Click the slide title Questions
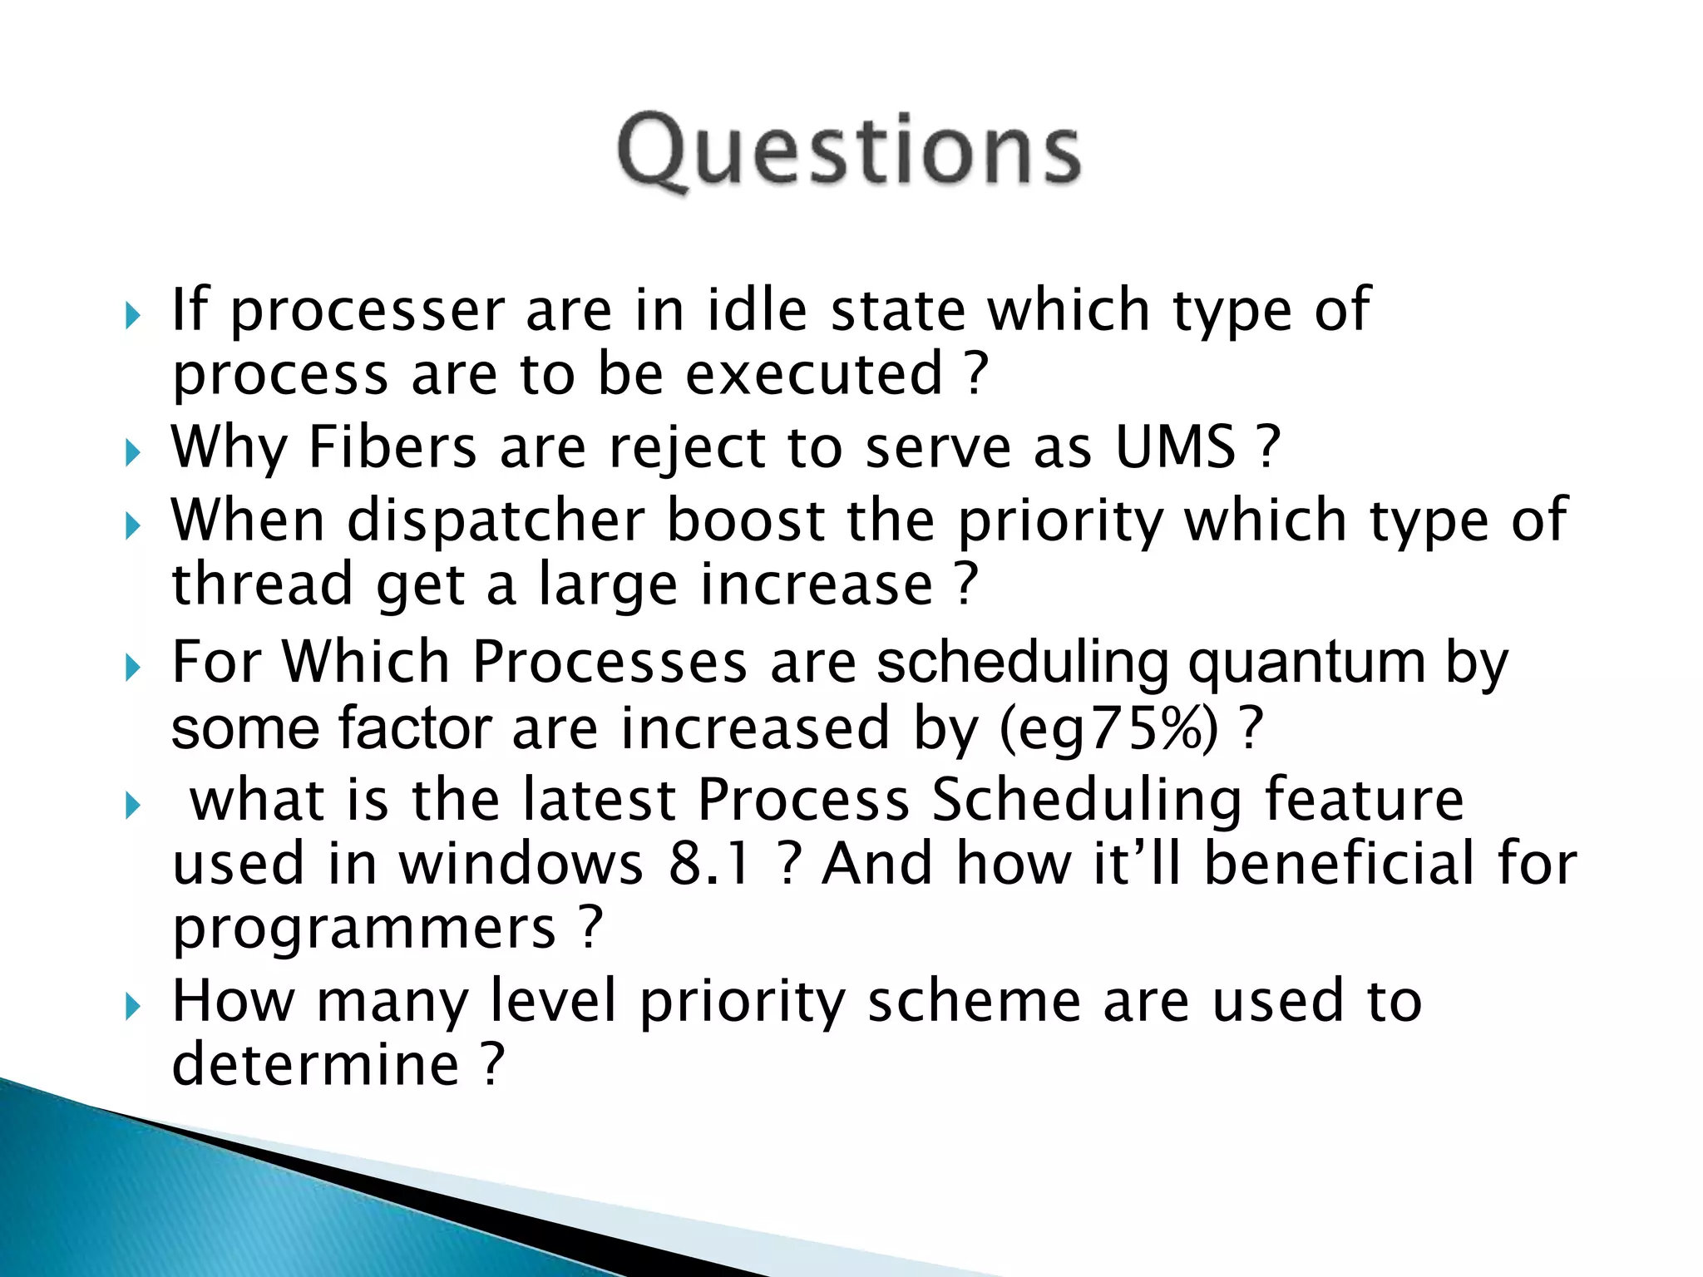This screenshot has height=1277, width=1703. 848,151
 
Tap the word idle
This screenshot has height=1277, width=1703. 756,309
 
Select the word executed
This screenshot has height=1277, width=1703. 814,374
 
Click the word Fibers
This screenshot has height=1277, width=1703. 392,447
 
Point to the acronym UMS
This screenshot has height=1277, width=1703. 1175,447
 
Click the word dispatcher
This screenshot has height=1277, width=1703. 496,522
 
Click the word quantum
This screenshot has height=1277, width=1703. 1306,663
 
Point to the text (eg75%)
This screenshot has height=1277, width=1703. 1108,729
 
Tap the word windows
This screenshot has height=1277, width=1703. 521,863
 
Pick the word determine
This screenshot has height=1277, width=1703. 315,1064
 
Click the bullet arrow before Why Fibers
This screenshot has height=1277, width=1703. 133,453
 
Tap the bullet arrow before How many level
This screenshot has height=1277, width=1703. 133,1007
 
